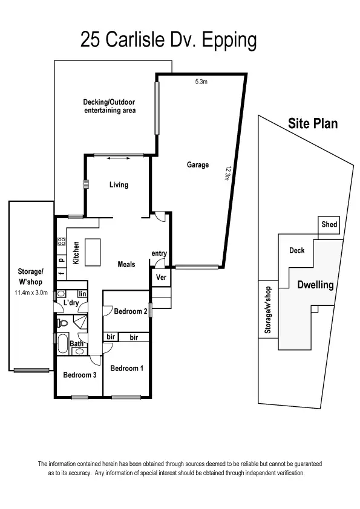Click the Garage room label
pyautogui.click(x=197, y=165)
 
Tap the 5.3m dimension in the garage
pyautogui.click(x=201, y=82)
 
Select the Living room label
pyautogui.click(x=119, y=185)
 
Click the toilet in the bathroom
pyautogui.click(x=62, y=323)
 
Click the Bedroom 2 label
pyautogui.click(x=131, y=311)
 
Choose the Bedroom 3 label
pyautogui.click(x=79, y=375)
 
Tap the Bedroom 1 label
pyautogui.click(x=126, y=368)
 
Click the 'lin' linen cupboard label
pyautogui.click(x=82, y=293)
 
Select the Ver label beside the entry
pyautogui.click(x=161, y=277)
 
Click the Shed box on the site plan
pyautogui.click(x=329, y=225)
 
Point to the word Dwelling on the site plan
pyautogui.click(x=315, y=285)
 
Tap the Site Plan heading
pyautogui.click(x=312, y=124)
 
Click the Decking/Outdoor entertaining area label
pyautogui.click(x=110, y=106)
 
